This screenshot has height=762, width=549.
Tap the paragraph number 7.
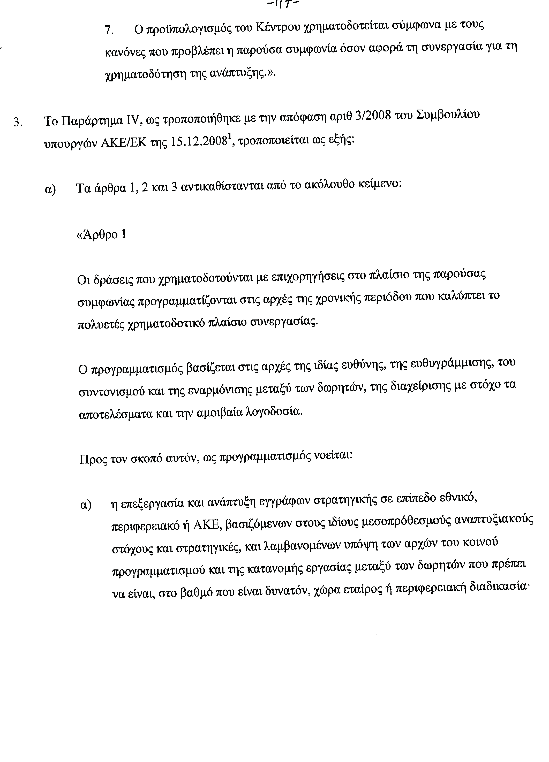[108, 30]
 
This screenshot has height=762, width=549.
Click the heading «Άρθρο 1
[102, 234]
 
